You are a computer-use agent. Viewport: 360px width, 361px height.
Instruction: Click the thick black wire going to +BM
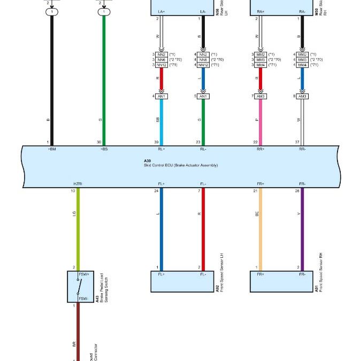pyautogui.click(x=52, y=80)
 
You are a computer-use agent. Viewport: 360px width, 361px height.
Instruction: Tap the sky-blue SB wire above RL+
pyautogui.click(x=161, y=120)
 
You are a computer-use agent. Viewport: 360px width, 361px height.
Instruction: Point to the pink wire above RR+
pyautogui.click(x=261, y=120)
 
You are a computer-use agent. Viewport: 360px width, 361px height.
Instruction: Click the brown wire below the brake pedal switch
pyautogui.click(x=78, y=332)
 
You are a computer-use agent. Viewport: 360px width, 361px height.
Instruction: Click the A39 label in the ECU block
pyautogui.click(x=148, y=160)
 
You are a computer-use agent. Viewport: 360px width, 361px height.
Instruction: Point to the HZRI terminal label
pyautogui.click(x=78, y=183)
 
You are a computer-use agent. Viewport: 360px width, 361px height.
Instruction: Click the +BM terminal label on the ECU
pyautogui.click(x=52, y=149)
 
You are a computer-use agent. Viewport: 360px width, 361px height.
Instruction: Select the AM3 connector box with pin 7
pyautogui.click(x=261, y=96)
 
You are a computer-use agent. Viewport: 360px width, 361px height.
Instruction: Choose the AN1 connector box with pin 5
pyautogui.click(x=203, y=96)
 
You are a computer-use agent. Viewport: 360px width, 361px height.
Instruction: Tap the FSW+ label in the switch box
pyautogui.click(x=83, y=274)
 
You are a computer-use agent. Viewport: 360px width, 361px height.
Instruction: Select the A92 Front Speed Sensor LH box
pyautogui.click(x=182, y=281)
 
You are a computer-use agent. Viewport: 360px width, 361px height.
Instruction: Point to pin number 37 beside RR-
pyautogui.click(x=297, y=143)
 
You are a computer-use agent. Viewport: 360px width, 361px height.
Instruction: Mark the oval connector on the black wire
pyautogui.click(x=52, y=11)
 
